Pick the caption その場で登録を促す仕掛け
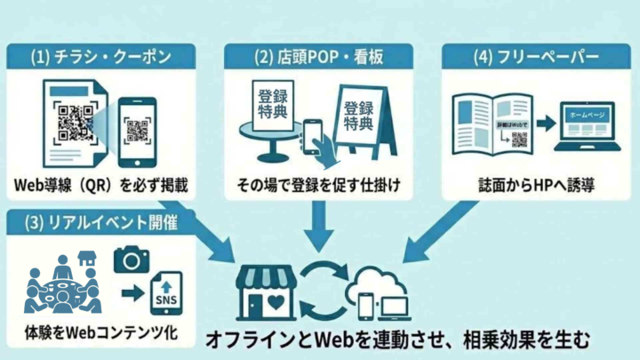[317, 186]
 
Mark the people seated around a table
[62, 286]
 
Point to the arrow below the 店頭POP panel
[318, 224]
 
